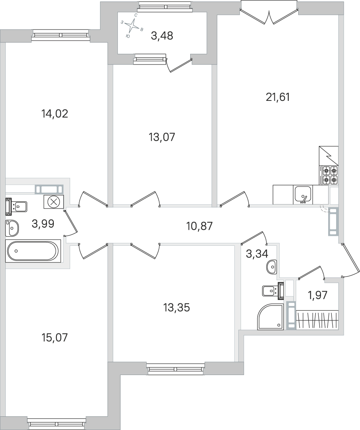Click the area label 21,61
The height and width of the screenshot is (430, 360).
[277, 97]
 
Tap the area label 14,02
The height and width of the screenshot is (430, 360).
[55, 113]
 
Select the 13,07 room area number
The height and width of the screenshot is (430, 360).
[162, 137]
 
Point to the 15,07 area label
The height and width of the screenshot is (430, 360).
[54, 337]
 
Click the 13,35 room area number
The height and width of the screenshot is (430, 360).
[177, 308]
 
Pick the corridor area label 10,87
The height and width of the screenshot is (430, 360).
[199, 226]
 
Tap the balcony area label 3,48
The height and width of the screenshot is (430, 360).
[162, 36]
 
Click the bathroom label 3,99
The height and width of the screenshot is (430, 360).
[43, 224]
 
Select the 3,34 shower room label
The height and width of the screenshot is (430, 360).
[257, 254]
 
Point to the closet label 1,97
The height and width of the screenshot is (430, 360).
[318, 295]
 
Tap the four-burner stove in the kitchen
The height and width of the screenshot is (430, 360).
[330, 175]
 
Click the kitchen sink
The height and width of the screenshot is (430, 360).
[302, 195]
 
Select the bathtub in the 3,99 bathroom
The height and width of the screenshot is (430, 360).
[33, 251]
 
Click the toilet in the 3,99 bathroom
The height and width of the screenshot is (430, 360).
[16, 206]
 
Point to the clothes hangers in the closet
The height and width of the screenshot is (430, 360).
[318, 319]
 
